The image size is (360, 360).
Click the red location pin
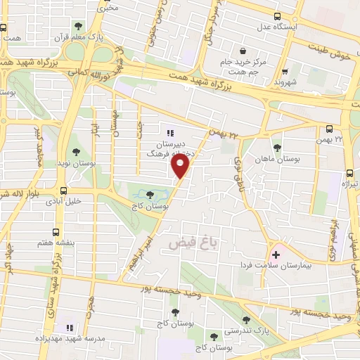pos(180,166)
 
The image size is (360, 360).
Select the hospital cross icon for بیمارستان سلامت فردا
pos(275,255)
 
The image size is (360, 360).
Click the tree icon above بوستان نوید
pos(76,152)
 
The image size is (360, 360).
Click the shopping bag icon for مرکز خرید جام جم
pos(243,51)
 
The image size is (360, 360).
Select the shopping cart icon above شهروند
pos(284,71)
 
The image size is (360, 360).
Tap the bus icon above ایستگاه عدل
pos(278,16)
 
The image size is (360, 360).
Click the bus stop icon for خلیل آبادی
pos(64,190)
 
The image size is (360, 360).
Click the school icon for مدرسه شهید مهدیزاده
pos(69,328)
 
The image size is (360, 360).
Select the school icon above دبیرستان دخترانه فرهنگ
pos(169,132)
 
